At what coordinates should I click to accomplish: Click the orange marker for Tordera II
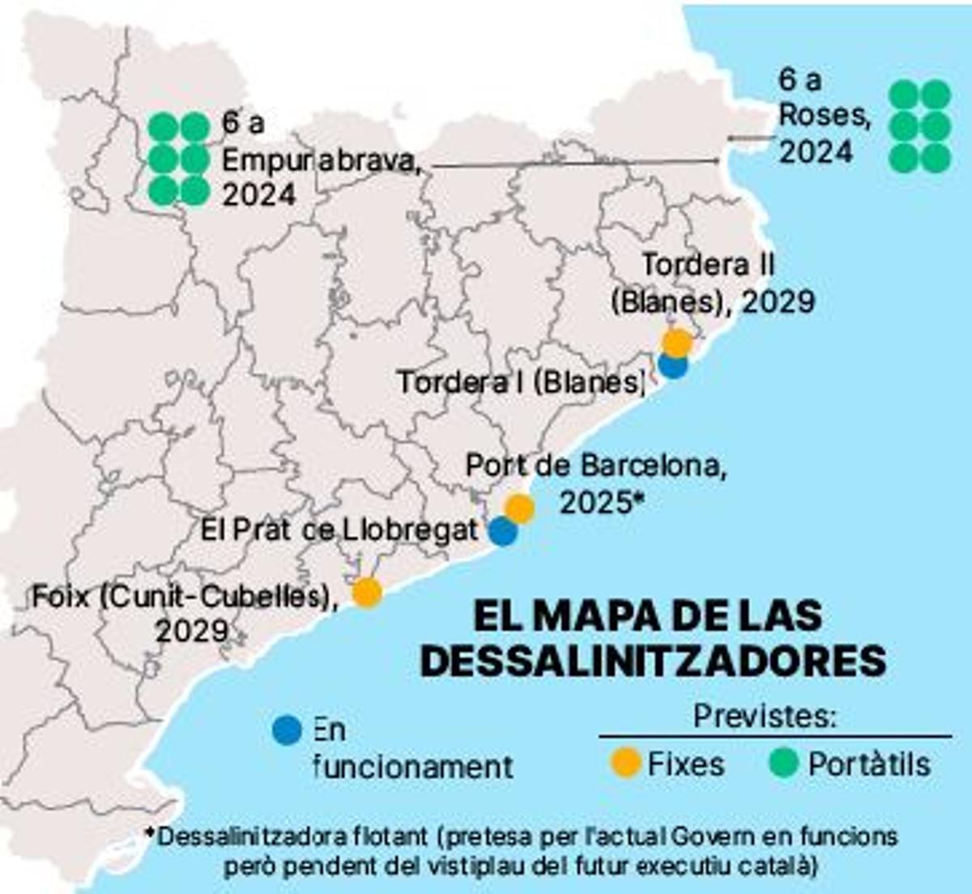pos(677,343)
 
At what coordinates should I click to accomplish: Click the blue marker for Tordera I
pos(672,364)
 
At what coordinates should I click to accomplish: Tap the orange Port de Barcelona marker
pos(519,509)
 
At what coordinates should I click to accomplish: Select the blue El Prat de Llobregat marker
pos(503,531)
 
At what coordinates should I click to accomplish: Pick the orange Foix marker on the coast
pos(367,592)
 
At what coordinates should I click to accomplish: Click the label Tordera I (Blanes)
pos(520,382)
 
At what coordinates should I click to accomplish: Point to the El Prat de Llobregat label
pos(339,530)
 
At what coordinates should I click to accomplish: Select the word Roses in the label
pos(824,116)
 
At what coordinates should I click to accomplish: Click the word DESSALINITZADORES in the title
pos(653,661)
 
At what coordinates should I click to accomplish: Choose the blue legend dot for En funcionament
pos(288,730)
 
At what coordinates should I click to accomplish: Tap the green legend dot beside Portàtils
pos(783,763)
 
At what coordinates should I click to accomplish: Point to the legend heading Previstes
pos(765,717)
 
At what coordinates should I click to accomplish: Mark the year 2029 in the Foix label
pos(191,631)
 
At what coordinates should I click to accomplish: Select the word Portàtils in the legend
pos(869,764)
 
